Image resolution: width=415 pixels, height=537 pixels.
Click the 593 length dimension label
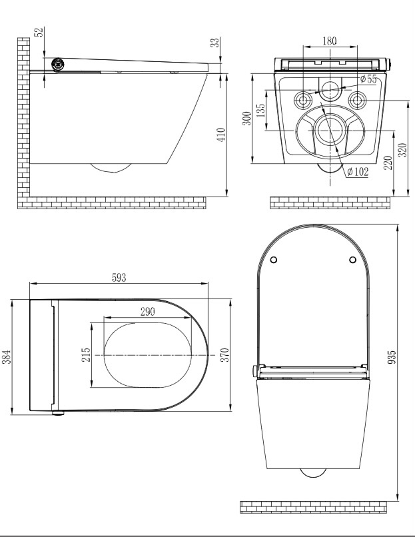tap(119, 277)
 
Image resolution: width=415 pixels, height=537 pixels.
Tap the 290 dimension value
tap(148, 312)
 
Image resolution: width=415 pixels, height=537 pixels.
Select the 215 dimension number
tap(86, 355)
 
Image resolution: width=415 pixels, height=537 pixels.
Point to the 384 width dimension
tap(7, 357)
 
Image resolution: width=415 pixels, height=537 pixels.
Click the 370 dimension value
tap(224, 355)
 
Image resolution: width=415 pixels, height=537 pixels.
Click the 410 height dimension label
tap(222, 135)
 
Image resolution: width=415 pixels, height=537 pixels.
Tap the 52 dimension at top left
tap(39, 32)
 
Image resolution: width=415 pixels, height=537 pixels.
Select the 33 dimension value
tap(214, 42)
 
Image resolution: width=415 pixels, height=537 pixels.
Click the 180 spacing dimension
tap(329, 41)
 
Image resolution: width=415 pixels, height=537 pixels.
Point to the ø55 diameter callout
tap(368, 79)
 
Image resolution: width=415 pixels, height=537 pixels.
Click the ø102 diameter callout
tap(358, 171)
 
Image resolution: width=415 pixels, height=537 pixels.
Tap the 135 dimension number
tap(260, 111)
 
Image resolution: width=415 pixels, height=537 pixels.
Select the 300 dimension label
tap(247, 119)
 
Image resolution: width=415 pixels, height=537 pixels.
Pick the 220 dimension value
tap(388, 163)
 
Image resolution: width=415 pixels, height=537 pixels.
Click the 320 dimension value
tap(404, 150)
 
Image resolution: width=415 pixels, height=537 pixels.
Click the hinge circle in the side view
tap(58, 65)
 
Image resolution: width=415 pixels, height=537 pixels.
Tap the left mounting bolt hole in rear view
tap(302, 100)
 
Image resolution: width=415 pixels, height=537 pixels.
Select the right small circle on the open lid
tap(352, 260)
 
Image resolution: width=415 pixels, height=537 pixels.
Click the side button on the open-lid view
tap(254, 371)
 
